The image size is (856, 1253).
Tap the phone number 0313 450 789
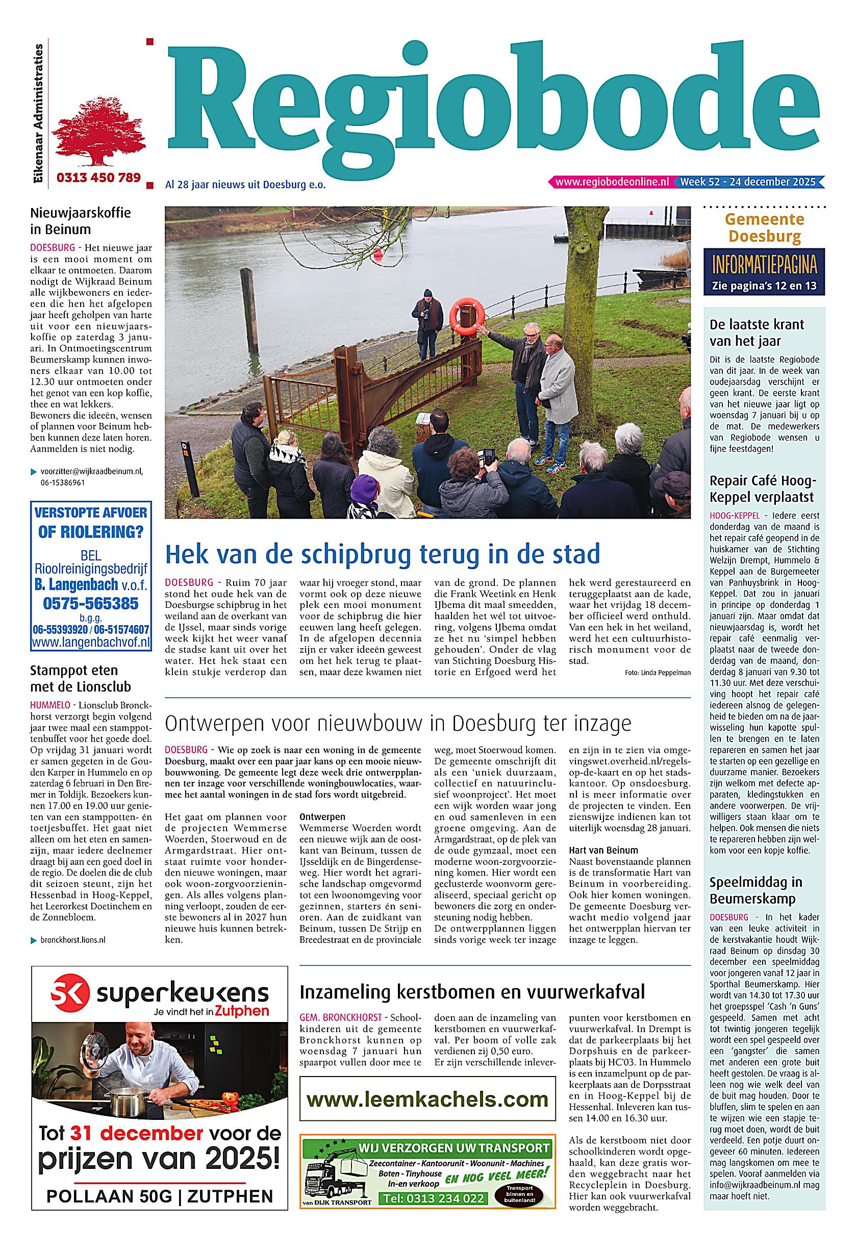coord(98,177)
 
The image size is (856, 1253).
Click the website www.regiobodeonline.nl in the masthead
coord(612,182)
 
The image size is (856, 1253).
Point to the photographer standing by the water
coord(426,326)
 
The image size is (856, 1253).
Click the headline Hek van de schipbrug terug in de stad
coord(382,554)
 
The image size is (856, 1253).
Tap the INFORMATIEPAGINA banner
coord(764,265)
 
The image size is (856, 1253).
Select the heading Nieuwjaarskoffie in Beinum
coord(81,221)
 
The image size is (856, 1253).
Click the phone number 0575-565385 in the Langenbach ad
coord(91,603)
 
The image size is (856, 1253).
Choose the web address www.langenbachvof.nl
coord(91,642)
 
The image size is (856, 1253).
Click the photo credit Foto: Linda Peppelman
coord(658,672)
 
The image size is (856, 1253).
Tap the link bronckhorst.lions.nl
coord(73,940)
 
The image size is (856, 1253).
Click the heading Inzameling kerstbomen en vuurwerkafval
coord(472,991)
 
